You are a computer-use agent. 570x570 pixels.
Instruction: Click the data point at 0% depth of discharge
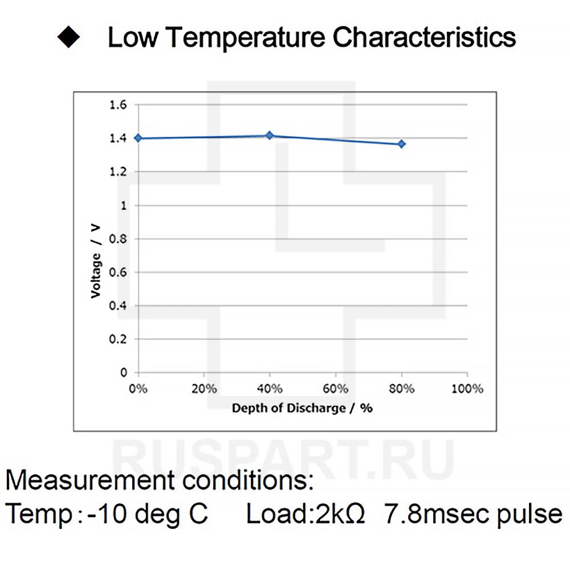tap(138, 138)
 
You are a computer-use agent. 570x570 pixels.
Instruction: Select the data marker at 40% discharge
tap(270, 136)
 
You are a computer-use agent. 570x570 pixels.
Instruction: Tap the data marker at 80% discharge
tap(401, 144)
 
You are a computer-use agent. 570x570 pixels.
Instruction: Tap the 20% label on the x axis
tap(204, 389)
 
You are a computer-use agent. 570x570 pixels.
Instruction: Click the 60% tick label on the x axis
tap(336, 389)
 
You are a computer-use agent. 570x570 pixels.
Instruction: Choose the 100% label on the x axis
tap(467, 389)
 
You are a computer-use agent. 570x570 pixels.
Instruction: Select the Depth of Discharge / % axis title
tap(302, 408)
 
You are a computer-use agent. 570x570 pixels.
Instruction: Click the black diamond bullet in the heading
tap(68, 38)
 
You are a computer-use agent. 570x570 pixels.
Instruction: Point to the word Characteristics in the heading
tap(424, 38)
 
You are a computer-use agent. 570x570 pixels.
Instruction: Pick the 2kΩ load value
tap(337, 514)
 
